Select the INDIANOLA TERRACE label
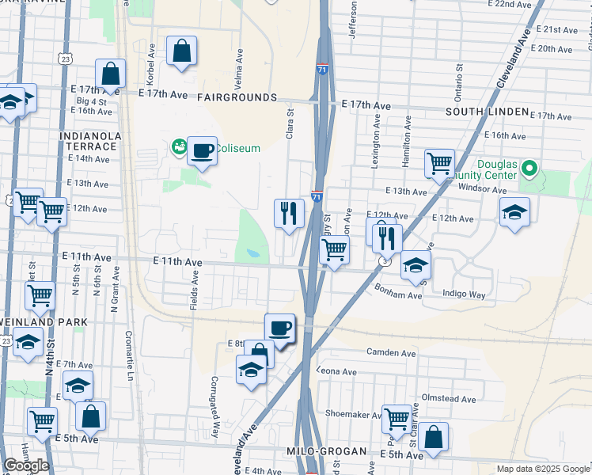pyautogui.click(x=90, y=142)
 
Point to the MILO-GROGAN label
pyautogui.click(x=326, y=451)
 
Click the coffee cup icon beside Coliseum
pyautogui.click(x=203, y=149)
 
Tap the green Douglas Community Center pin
pyautogui.click(x=531, y=168)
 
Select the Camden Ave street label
pyautogui.click(x=391, y=352)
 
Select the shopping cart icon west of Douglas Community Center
pyautogui.click(x=439, y=164)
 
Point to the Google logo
pyautogui.click(x=26, y=465)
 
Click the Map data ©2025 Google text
pyautogui.click(x=543, y=469)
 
